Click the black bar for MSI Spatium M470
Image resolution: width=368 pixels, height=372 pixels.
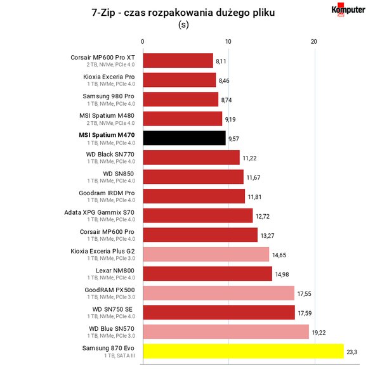[185, 138]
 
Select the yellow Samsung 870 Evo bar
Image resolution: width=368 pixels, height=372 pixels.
[244, 351]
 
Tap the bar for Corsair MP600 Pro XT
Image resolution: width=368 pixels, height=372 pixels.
[178, 60]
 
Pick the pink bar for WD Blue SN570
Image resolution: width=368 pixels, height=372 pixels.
[226, 331]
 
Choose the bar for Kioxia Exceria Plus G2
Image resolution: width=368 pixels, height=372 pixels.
[206, 254]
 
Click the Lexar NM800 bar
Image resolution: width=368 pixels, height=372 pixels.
[207, 274]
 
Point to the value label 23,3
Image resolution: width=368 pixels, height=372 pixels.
[352, 352]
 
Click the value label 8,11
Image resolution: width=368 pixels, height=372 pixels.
[221, 61]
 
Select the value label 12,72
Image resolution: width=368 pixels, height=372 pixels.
[263, 216]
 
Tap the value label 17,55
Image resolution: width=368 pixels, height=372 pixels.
[305, 294]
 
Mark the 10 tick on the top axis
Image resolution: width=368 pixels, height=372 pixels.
[228, 42]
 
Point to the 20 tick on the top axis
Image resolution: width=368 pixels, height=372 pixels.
[314, 42]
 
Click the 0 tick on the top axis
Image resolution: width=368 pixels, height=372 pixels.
[143, 42]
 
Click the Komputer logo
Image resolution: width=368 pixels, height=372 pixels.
[348, 10]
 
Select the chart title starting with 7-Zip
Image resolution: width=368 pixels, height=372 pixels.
[183, 13]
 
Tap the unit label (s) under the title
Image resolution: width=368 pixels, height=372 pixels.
[183, 25]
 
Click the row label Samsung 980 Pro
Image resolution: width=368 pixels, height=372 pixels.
[108, 96]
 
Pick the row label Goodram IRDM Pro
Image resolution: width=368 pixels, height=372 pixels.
[107, 193]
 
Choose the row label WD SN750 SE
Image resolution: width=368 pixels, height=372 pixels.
[112, 309]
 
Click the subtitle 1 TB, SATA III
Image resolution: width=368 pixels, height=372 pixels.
[119, 356]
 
